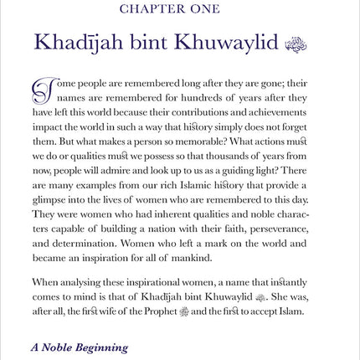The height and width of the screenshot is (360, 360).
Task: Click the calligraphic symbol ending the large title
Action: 298,44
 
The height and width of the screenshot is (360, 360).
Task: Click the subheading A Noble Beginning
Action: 80,347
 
